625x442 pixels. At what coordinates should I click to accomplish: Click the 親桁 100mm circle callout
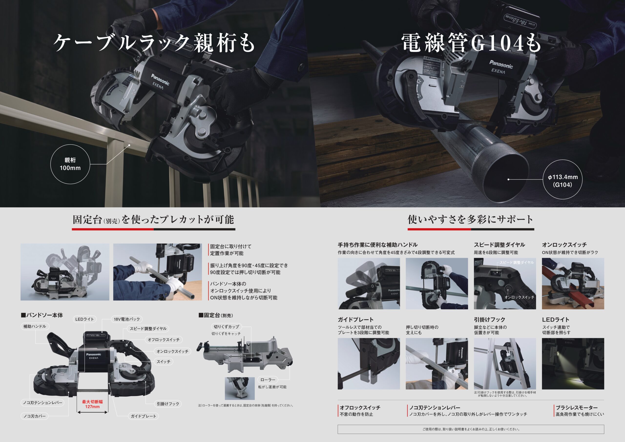(x=70, y=164)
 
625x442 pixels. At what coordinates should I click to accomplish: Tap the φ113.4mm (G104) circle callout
(x=562, y=179)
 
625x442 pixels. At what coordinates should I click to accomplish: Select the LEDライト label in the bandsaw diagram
(x=84, y=319)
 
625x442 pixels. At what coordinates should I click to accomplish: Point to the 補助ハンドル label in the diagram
(x=35, y=326)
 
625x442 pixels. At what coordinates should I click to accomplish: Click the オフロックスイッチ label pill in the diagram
(x=164, y=340)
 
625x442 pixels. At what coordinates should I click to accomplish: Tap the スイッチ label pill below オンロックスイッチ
(x=163, y=362)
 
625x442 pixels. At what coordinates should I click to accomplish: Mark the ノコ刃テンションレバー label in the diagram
(x=42, y=402)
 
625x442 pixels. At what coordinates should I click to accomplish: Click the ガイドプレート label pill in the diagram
(x=144, y=416)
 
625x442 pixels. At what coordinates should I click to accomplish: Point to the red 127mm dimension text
(x=92, y=407)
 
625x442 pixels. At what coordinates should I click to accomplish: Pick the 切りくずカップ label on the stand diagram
(x=227, y=326)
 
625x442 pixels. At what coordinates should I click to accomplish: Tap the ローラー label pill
(x=268, y=380)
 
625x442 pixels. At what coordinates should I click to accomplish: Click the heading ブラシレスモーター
(x=577, y=408)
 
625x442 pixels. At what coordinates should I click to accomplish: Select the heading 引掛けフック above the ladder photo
(x=490, y=319)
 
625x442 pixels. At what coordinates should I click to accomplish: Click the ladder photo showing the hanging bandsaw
(x=505, y=364)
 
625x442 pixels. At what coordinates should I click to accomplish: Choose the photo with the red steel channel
(x=573, y=284)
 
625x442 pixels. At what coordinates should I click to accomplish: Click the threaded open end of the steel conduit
(x=502, y=178)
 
